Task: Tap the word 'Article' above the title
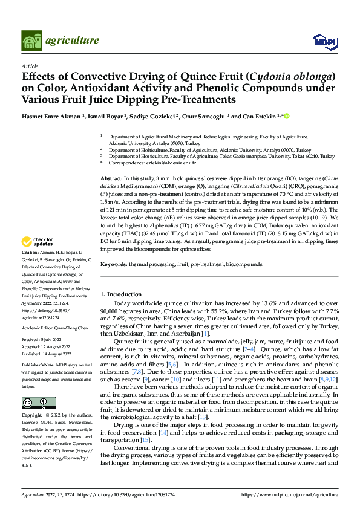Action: click(30, 66)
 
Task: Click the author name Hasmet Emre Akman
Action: click(50, 115)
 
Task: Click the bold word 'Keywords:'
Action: click(113, 264)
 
